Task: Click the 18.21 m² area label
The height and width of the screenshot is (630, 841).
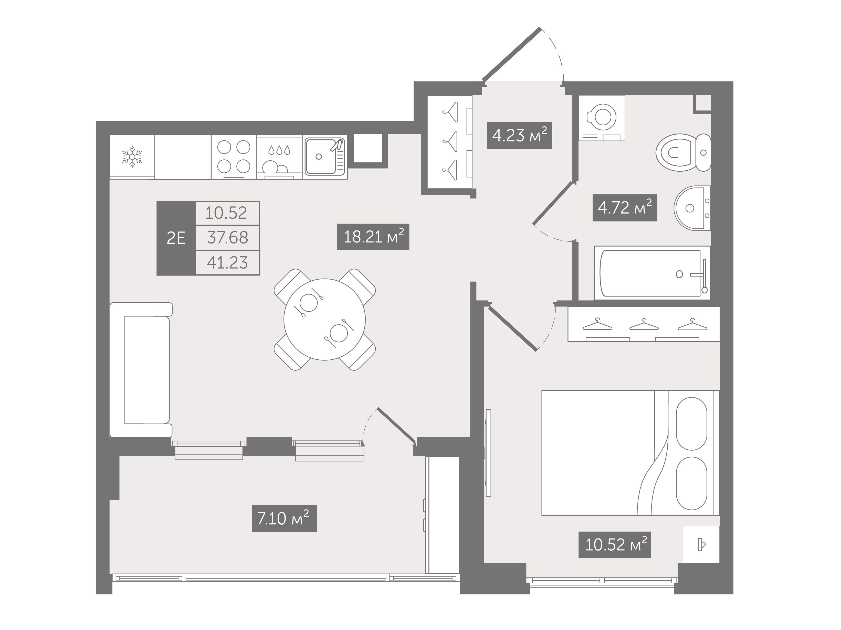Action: point(373,237)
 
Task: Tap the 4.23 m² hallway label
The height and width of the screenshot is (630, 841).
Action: point(519,136)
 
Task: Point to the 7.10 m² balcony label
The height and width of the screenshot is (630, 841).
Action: point(285,519)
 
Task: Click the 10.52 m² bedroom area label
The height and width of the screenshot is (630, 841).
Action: point(614,545)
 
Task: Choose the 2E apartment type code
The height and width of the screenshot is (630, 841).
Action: point(176,238)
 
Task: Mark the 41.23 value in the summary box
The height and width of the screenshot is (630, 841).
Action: point(227,263)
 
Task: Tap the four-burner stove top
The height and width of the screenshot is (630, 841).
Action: point(234,157)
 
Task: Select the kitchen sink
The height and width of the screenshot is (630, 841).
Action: point(325,157)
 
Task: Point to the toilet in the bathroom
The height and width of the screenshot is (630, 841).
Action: point(683,152)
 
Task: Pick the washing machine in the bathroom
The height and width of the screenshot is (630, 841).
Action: point(602,118)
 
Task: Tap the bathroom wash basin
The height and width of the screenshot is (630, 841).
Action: point(692,208)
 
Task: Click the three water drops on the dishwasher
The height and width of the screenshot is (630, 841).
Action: point(279,150)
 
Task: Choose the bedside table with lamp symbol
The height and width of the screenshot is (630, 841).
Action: point(701,544)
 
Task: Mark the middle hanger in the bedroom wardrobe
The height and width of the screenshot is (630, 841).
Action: point(644,324)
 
